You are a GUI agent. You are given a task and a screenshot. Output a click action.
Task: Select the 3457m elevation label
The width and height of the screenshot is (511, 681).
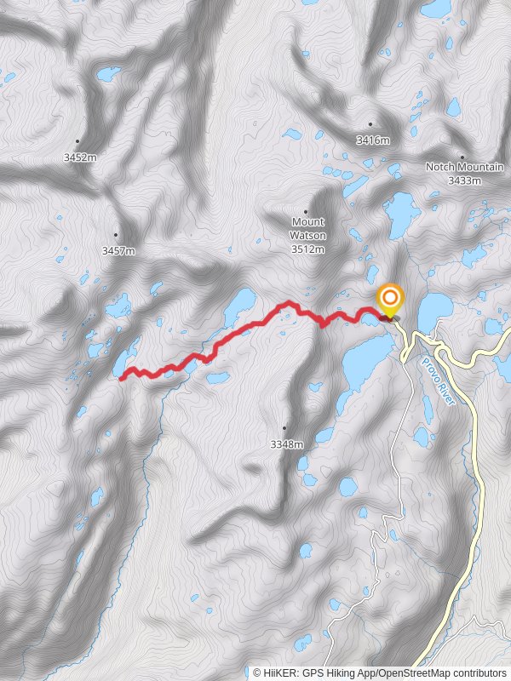click(118, 250)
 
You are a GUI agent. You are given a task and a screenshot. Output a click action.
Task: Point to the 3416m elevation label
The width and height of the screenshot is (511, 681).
click(372, 140)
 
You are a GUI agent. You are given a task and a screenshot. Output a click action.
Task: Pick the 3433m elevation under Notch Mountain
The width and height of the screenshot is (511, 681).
click(464, 180)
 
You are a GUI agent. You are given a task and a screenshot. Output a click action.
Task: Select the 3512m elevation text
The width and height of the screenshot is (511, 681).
click(307, 249)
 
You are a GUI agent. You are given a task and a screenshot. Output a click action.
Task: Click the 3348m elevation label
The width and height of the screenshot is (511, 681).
click(286, 444)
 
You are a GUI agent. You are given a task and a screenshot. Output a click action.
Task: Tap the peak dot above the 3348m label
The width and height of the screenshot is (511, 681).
click(284, 428)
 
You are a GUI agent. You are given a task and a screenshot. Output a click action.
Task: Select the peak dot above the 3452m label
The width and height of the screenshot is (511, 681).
click(78, 141)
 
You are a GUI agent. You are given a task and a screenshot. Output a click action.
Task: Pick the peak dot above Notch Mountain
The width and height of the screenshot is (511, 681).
click(462, 157)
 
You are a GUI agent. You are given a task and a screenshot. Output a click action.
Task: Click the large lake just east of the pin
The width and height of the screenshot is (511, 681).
click(434, 311)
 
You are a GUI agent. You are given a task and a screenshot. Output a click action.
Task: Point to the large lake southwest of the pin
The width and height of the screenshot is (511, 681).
click(362, 362)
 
